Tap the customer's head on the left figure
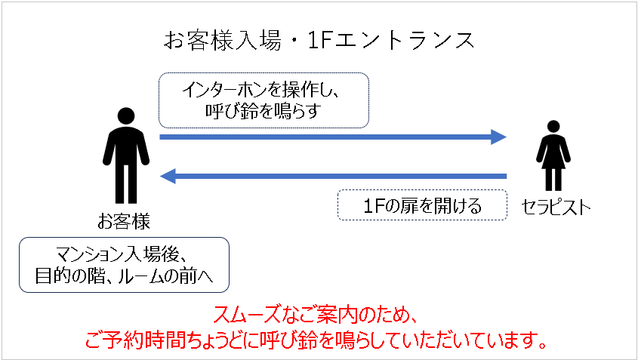pyautogui.click(x=124, y=118)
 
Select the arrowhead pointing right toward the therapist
pyautogui.click(x=497, y=137)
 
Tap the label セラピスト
pyautogui.click(x=556, y=206)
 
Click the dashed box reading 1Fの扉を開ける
pyautogui.click(x=422, y=205)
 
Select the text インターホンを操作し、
pyautogui.click(x=263, y=90)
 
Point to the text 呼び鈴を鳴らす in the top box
pyautogui.click(x=263, y=111)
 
